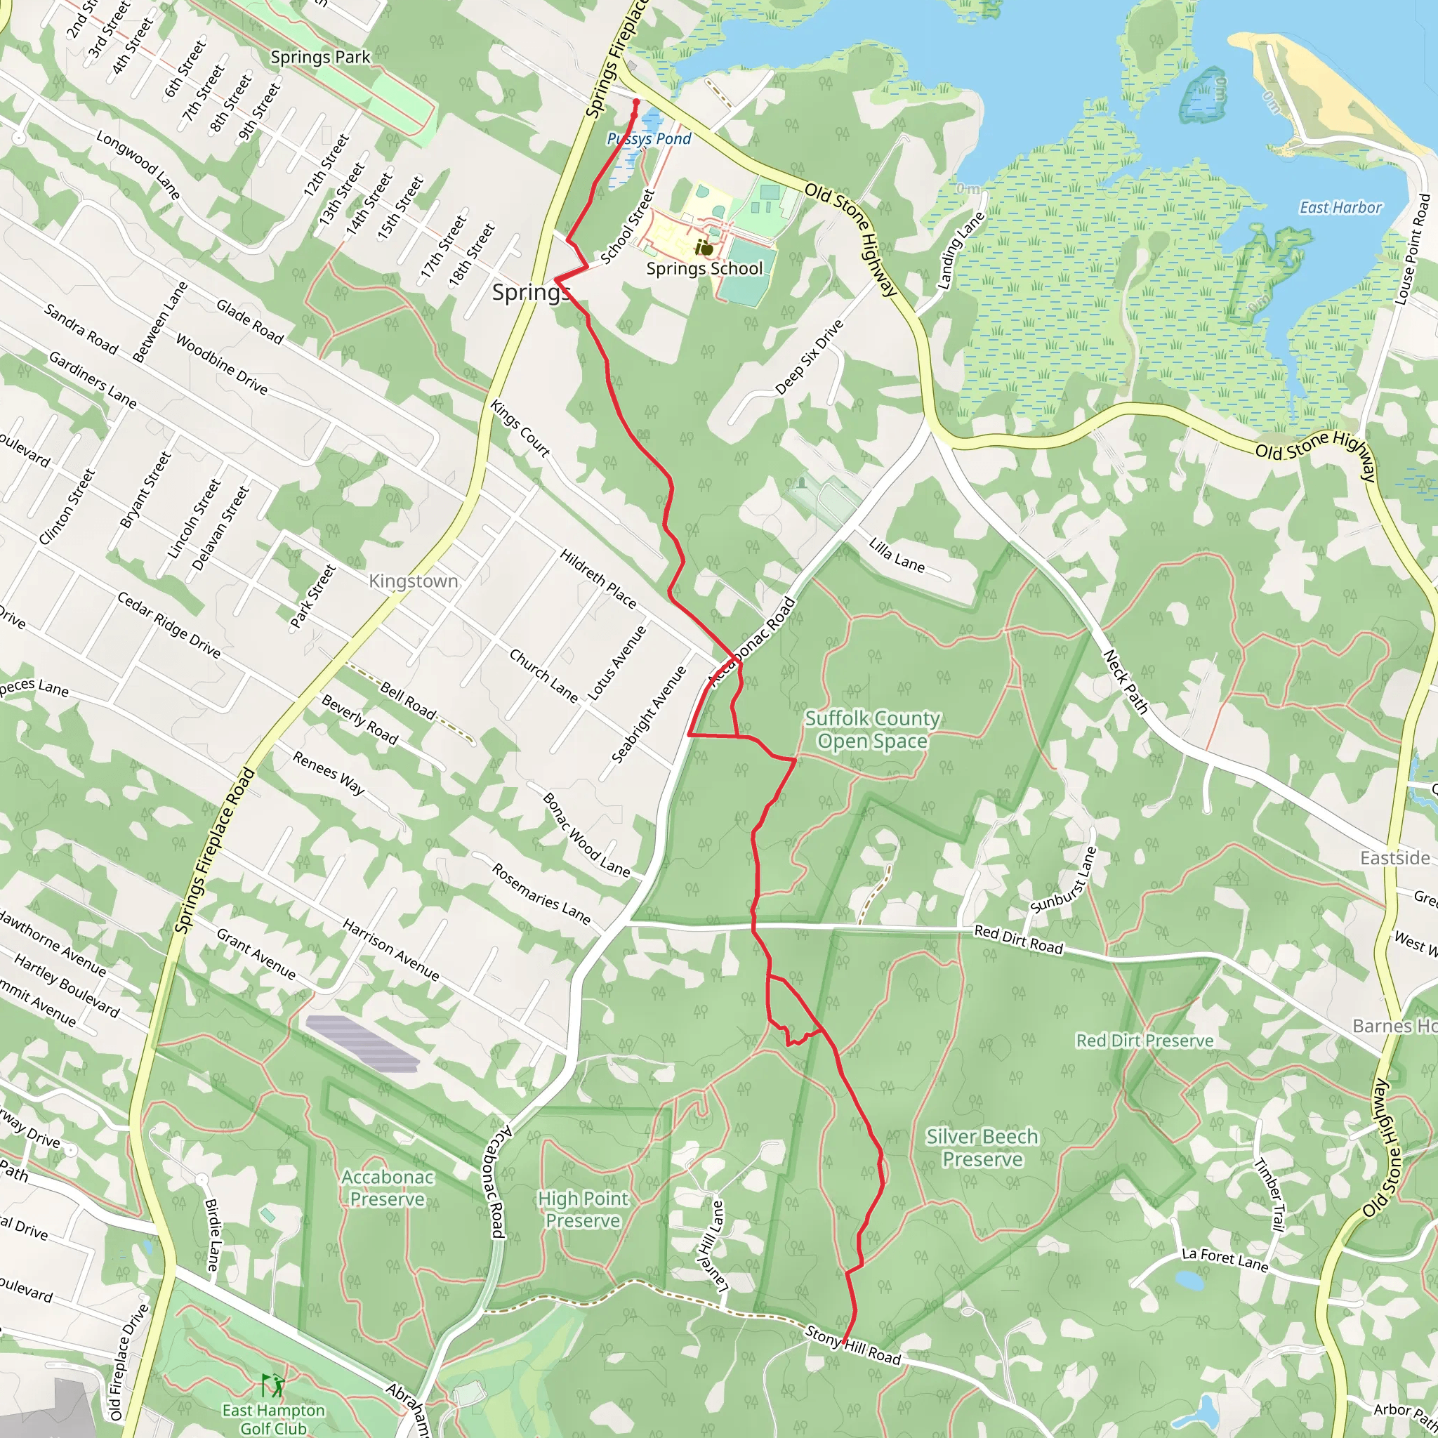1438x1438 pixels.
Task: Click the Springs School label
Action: [704, 269]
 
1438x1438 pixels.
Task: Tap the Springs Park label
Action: [320, 58]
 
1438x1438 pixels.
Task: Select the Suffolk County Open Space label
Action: [872, 730]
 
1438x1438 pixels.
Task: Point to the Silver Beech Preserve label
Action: [982, 1148]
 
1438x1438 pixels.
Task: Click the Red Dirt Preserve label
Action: [1144, 1041]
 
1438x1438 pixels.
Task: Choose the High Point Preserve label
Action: [583, 1210]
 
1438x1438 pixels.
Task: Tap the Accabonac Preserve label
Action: [387, 1188]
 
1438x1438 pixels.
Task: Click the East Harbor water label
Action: [1340, 208]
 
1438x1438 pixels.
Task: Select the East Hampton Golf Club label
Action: [273, 1418]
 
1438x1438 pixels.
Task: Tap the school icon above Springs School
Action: [704, 247]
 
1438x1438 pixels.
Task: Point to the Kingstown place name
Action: [413, 581]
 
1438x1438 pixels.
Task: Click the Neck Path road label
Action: [1126, 682]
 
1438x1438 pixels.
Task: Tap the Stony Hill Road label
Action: [853, 1346]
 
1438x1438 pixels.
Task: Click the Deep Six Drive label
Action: [809, 357]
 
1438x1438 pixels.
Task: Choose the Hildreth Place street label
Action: [598, 579]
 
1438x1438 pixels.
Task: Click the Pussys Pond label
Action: [649, 139]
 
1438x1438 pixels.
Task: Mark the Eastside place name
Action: [1394, 858]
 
